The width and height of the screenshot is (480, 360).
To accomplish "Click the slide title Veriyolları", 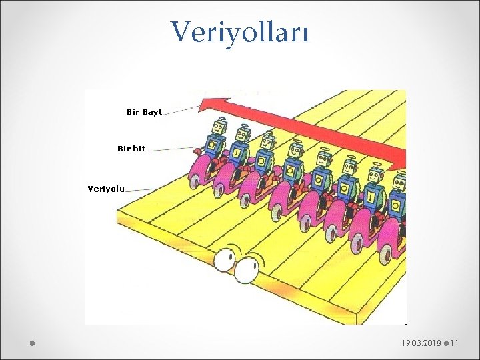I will pos(240,31).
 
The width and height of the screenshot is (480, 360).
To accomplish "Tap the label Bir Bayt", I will pos(144,112).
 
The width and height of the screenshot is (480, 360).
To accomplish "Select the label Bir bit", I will pos(131,149).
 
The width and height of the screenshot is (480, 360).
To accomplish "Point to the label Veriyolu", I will pos(107,189).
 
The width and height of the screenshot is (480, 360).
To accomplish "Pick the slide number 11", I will pos(455,343).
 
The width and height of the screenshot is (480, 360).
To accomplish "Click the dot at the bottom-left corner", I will pos(32,343).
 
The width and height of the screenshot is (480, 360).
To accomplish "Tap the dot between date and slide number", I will pos(445,343).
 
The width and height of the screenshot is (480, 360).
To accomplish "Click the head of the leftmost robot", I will pos(219,127).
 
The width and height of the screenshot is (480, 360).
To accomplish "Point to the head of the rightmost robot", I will pos(400,182).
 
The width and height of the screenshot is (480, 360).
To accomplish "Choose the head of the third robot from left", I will pos(267,141).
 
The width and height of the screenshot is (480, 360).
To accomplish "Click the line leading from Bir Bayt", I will pos(181,113).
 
